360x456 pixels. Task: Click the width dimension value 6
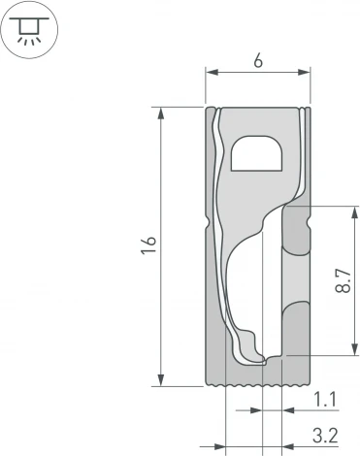[x=257, y=59]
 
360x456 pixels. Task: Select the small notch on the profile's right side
[x=309, y=225]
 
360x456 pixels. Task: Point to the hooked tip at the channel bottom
[x=264, y=361]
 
